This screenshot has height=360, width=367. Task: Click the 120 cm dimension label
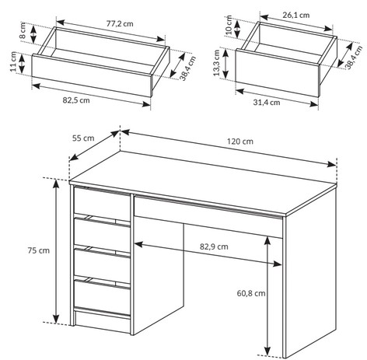coord(240,142)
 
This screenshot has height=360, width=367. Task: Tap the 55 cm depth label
coord(83,138)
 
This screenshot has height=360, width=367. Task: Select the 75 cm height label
coord(39,250)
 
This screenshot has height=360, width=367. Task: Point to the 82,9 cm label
coord(214,246)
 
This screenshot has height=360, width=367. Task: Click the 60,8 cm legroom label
coord(251,293)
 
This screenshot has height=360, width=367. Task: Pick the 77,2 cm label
coord(120,24)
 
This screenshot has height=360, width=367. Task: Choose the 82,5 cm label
coord(76,100)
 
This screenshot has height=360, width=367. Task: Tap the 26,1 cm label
coord(296,15)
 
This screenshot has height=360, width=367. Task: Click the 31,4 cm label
coord(267,103)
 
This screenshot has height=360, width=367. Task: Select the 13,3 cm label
coord(217,63)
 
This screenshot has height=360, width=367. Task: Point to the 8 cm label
coord(23,31)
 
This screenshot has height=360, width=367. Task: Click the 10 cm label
coord(229,25)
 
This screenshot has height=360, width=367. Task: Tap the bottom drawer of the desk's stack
coord(102,296)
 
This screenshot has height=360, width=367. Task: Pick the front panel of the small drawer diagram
coord(277,74)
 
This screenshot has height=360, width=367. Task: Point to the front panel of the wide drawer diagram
coord(92,75)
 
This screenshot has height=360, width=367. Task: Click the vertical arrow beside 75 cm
coord(56,251)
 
